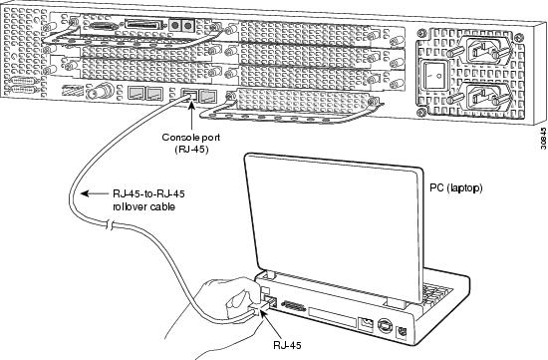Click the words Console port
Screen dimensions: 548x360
(191, 138)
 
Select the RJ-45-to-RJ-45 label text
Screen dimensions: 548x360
(148, 193)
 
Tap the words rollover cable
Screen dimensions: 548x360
(143, 206)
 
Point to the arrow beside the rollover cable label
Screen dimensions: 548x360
(95, 193)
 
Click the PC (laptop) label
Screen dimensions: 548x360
(456, 187)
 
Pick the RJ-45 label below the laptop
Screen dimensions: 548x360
(287, 345)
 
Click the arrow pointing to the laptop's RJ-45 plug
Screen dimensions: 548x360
(273, 324)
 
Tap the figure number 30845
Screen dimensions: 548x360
(543, 139)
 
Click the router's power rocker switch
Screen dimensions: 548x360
(435, 75)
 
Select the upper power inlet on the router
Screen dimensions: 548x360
(485, 51)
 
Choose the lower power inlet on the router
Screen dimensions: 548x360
(485, 95)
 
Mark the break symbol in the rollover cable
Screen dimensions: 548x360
(110, 224)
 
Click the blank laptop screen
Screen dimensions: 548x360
(332, 224)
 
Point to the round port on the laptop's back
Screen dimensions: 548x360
(384, 327)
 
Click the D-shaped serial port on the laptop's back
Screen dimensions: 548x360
(293, 307)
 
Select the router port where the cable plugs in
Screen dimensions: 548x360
(189, 95)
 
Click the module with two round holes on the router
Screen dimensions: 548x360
(181, 26)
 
